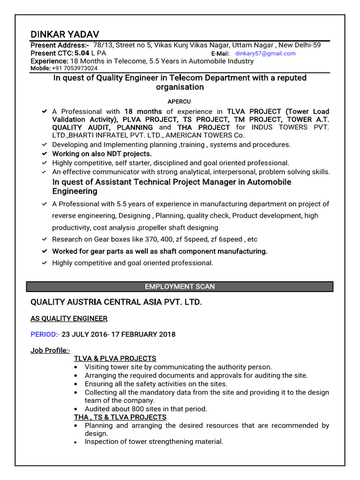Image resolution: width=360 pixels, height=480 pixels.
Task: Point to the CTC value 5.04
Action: (x=85, y=53)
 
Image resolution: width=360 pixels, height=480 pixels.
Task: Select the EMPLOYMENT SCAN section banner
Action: (x=180, y=286)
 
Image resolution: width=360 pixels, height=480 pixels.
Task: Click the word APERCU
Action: (x=180, y=101)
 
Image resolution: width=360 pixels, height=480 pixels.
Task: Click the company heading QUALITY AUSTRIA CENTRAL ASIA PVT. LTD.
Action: (x=116, y=302)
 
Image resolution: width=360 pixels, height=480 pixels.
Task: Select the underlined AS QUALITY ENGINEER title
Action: (x=69, y=319)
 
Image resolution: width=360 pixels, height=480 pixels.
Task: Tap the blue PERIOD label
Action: (x=44, y=334)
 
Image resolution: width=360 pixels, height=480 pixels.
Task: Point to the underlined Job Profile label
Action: (x=50, y=351)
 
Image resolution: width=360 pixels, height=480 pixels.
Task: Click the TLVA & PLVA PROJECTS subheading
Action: (x=115, y=359)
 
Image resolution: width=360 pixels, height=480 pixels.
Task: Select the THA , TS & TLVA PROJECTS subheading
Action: (x=120, y=417)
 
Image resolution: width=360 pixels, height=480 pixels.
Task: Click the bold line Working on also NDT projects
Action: (x=102, y=154)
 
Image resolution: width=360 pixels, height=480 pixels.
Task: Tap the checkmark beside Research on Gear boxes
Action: (x=44, y=239)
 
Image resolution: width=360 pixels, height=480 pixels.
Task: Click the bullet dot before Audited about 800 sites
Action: (x=76, y=409)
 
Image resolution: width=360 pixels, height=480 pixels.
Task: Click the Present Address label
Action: (x=60, y=45)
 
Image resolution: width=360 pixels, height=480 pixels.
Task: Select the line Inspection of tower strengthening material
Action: (x=154, y=442)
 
